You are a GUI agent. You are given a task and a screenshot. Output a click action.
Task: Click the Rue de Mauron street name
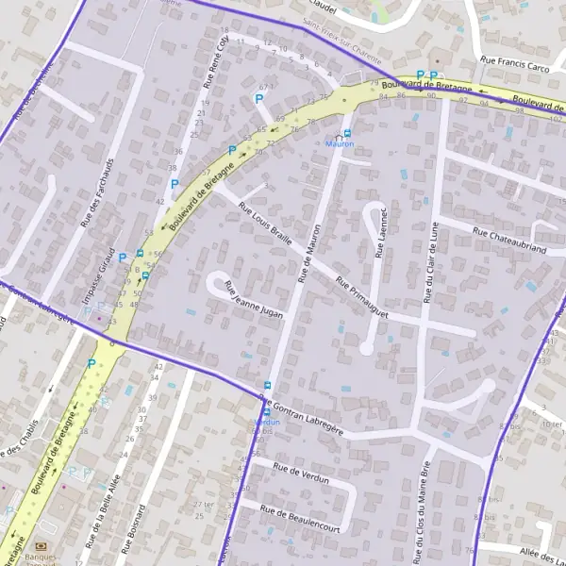pyautogui.click(x=309, y=254)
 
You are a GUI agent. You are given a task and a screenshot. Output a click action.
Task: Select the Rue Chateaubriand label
pyautogui.click(x=509, y=242)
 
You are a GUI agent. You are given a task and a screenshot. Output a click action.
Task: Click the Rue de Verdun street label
pyautogui.click(x=300, y=473)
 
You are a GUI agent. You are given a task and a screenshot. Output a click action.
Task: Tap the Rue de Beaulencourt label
pyautogui.click(x=301, y=518)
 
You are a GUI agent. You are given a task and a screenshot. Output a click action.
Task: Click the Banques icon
pyautogui.click(x=42, y=546)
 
